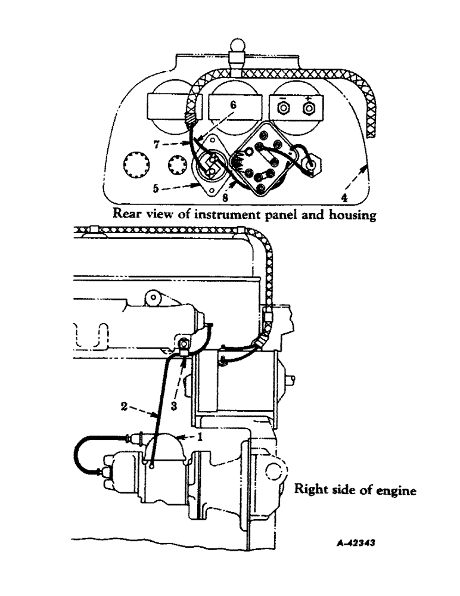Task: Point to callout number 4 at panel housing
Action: (x=344, y=198)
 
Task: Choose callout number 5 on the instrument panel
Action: (x=156, y=188)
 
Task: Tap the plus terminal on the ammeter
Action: (x=309, y=108)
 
